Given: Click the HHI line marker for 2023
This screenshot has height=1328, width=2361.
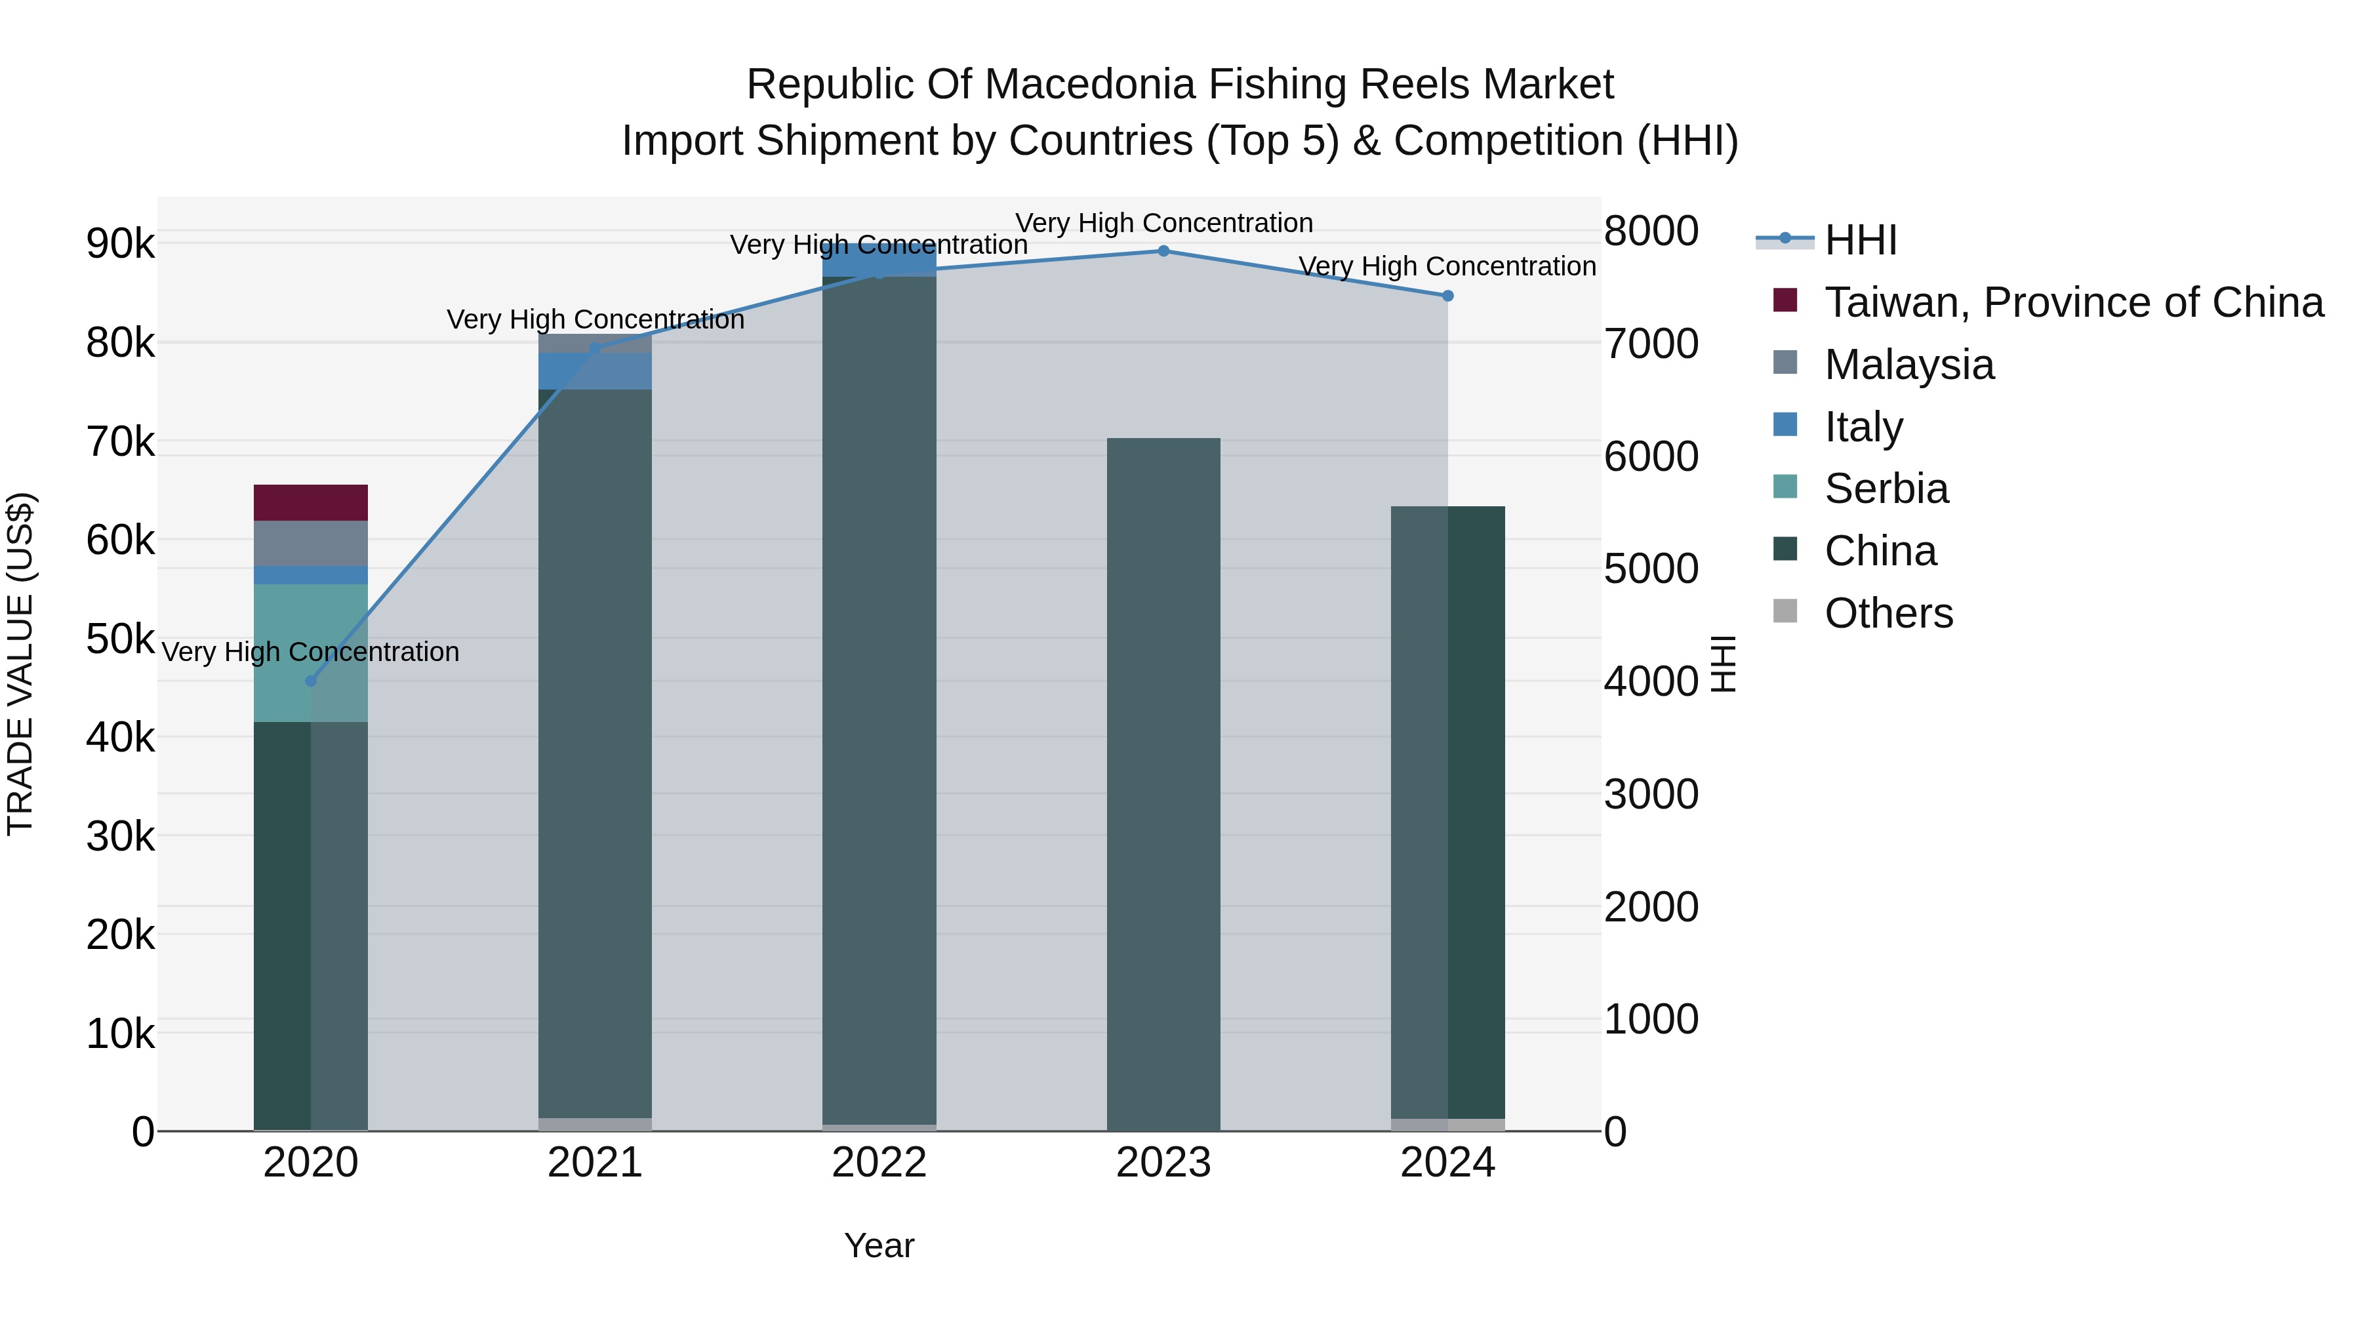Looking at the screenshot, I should click(1163, 251).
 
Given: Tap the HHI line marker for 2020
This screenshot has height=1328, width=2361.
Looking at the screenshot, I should click(311, 681).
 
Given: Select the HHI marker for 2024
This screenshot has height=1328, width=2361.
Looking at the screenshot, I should click(1448, 296).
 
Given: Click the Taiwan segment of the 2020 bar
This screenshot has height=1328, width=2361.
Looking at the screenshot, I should click(311, 503).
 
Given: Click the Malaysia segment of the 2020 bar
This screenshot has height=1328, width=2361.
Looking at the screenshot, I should click(311, 544).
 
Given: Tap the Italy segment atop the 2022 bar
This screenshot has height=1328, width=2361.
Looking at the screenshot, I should click(879, 259).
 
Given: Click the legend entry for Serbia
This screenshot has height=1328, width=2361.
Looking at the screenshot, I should click(1886, 489).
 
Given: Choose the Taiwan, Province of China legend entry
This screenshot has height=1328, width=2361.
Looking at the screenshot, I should click(2073, 302).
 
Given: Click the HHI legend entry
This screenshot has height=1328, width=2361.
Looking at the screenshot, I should click(1860, 240).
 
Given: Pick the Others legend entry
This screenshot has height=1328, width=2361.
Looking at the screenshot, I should click(1888, 613).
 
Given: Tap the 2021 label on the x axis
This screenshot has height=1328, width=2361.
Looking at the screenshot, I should click(595, 1163).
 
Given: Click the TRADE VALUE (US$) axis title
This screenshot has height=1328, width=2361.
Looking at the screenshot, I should click(20, 664).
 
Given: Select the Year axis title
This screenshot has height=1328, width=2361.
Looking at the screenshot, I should click(879, 1245).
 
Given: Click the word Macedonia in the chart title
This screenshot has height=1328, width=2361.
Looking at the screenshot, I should click(1091, 85).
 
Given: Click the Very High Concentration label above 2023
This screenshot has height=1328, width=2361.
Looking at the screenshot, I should click(1163, 223).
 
